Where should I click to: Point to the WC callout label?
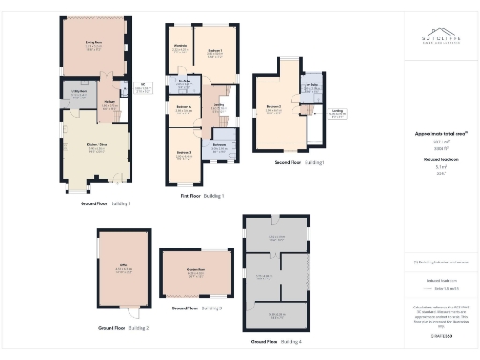coord(144,88)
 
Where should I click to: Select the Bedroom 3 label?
coord(184,154)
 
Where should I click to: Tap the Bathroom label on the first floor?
coord(219,146)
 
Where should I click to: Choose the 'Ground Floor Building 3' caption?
coord(196,307)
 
